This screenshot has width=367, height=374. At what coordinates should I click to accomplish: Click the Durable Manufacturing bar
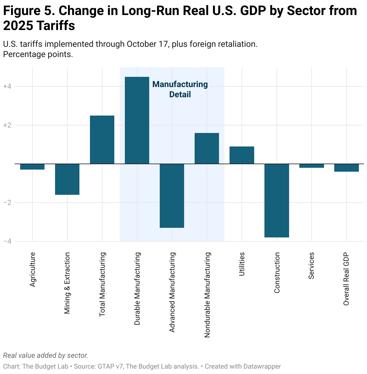137,120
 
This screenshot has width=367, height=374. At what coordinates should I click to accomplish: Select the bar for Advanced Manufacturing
172,196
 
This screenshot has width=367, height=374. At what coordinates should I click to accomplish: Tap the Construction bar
277,201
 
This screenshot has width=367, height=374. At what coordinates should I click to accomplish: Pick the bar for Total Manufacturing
102,140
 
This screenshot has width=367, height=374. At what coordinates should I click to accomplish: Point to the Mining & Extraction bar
67,179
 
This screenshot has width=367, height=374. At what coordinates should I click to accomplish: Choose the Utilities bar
242,155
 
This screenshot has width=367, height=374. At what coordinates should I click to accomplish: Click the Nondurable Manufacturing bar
207,148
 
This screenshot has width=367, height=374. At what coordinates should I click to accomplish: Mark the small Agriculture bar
32,167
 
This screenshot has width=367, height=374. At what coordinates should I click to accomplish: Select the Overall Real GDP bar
347,168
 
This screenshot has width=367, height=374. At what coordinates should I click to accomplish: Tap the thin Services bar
312,166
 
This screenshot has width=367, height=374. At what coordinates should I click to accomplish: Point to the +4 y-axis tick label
7,87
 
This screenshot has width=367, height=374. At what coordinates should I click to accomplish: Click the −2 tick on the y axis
7,203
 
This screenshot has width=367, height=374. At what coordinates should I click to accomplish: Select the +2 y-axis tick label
7,125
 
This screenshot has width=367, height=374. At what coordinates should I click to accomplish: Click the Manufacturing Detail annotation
180,89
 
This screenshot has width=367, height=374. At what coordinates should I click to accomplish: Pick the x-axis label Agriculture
32,269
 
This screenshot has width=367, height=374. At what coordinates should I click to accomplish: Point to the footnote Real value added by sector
45,356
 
